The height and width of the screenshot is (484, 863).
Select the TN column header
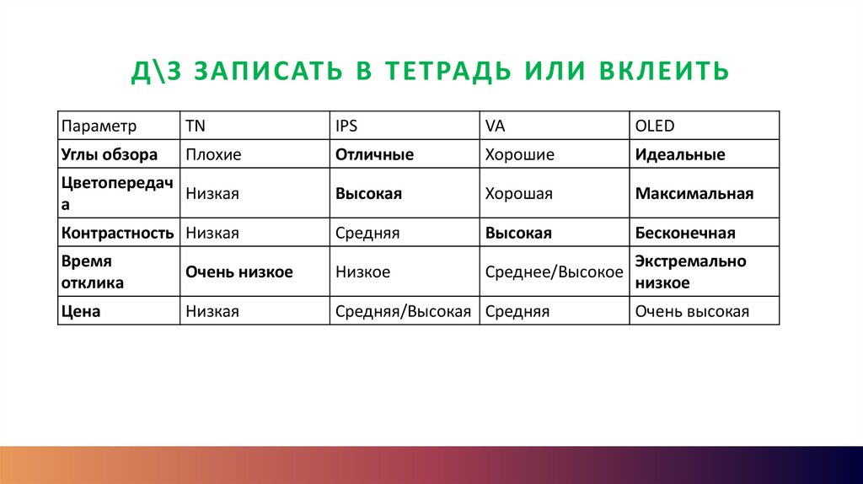pyautogui.click(x=196, y=126)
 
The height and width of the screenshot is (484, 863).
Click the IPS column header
pyautogui.click(x=346, y=126)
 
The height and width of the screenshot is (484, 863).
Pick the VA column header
pyautogui.click(x=495, y=126)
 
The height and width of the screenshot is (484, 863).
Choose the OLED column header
pyautogui.click(x=655, y=126)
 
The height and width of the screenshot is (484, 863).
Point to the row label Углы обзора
pyautogui.click(x=110, y=155)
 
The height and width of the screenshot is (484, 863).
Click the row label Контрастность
pyautogui.click(x=117, y=233)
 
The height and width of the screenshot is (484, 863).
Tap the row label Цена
pyautogui.click(x=81, y=312)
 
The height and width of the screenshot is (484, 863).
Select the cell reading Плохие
pyautogui.click(x=213, y=155)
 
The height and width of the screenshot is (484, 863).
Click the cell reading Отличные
pyautogui.click(x=374, y=155)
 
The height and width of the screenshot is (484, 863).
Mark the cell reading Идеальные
pyautogui.click(x=680, y=155)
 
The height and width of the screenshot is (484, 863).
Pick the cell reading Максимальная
pyautogui.click(x=694, y=194)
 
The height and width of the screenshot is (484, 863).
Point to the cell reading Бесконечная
pyautogui.click(x=685, y=233)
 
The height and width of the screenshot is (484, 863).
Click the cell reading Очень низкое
pyautogui.click(x=239, y=272)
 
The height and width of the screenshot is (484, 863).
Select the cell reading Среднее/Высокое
pyautogui.click(x=554, y=272)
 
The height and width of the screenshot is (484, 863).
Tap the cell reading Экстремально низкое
pyautogui.click(x=691, y=272)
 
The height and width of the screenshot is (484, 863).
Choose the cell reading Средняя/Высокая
pyautogui.click(x=403, y=312)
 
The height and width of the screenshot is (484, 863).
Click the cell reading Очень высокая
pyautogui.click(x=692, y=312)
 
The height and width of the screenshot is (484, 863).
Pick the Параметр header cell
pyautogui.click(x=98, y=126)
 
